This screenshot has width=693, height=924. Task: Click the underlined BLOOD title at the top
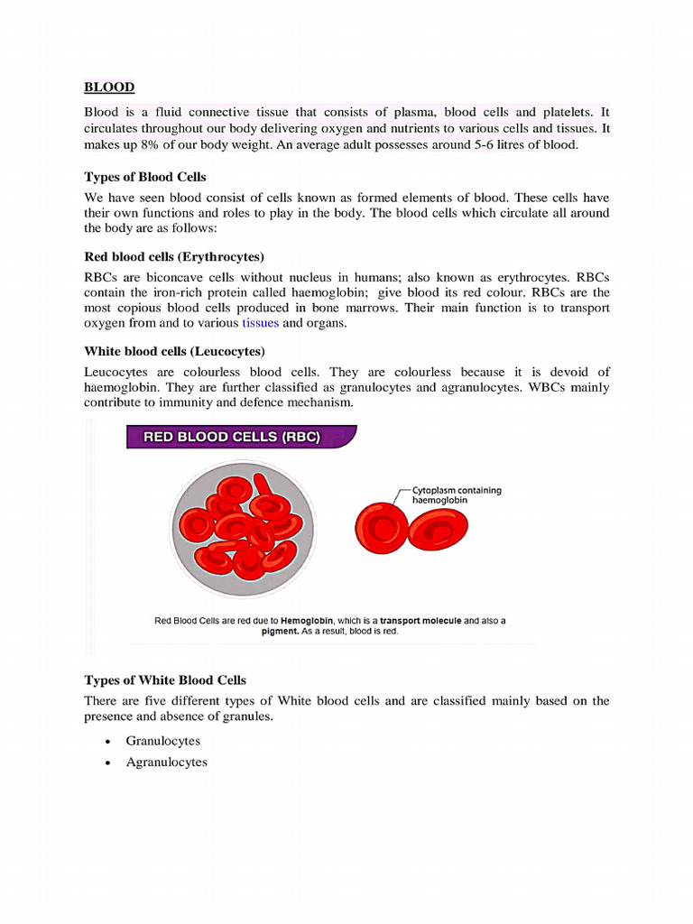pos(109,88)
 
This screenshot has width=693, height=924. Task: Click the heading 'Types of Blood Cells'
pos(145,177)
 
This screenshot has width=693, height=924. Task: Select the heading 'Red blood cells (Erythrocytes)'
pos(173,257)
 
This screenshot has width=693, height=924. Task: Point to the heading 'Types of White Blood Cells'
pos(165,680)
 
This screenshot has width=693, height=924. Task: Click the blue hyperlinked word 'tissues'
pos(261,323)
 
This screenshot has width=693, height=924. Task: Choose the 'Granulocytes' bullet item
pos(162,741)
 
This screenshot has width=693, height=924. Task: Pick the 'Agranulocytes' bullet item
pos(166,762)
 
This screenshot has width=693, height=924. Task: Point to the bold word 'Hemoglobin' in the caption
pos(308,621)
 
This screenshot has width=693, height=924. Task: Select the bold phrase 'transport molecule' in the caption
pos(420,621)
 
